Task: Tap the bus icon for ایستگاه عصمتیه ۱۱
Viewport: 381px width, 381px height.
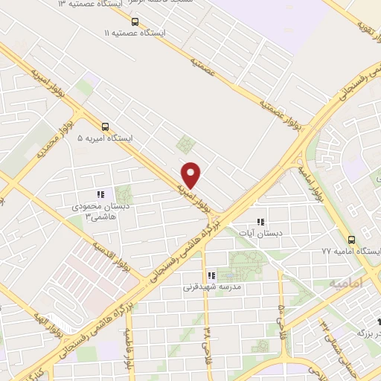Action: point(135,22)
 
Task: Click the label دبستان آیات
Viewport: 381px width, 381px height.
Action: point(260,233)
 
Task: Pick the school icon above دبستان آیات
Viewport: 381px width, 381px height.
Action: point(260,221)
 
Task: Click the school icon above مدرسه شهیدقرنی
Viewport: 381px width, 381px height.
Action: point(211,275)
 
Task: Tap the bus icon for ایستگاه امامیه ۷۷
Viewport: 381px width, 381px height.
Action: point(351,240)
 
